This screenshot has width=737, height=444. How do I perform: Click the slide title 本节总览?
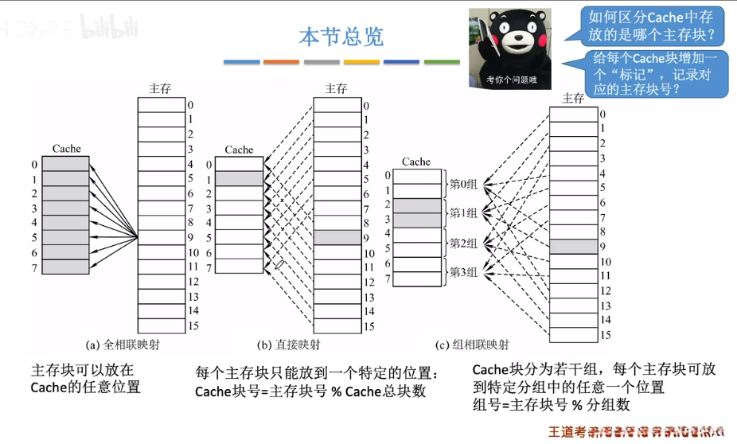pyautogui.click(x=341, y=37)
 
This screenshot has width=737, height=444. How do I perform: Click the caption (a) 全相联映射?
pyautogui.click(x=127, y=345)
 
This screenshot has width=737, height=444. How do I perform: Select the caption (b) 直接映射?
pyautogui.click(x=289, y=345)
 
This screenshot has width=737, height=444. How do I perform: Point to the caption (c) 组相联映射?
pyautogui.click(x=472, y=345)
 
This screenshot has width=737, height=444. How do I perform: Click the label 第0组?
pyautogui.click(x=463, y=184)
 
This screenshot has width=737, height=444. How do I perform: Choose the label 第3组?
pyautogui.click(x=463, y=272)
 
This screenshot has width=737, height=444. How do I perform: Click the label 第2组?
pyautogui.click(x=463, y=243)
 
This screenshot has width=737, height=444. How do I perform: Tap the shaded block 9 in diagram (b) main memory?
pyautogui.click(x=337, y=237)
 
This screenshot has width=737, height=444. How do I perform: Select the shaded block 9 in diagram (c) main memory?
pyautogui.click(x=573, y=247)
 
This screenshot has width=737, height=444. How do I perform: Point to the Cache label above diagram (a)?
pyautogui.click(x=66, y=149)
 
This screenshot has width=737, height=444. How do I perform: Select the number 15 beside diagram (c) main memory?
pyautogui.click(x=606, y=336)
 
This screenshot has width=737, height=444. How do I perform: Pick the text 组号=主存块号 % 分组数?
pyautogui.click(x=551, y=405)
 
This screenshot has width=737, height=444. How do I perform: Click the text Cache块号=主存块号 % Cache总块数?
pyautogui.click(x=310, y=391)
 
